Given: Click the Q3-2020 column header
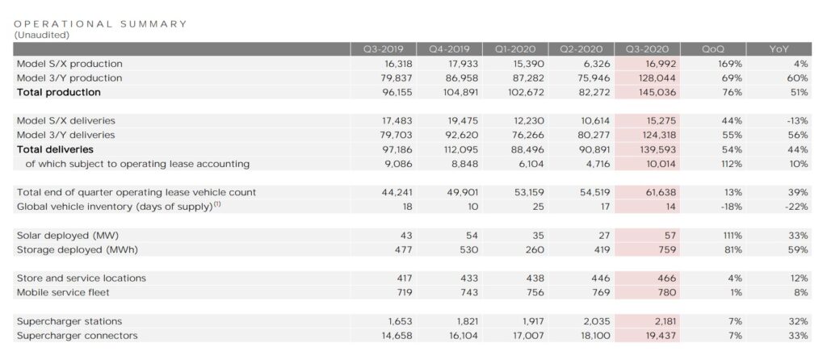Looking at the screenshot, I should pyautogui.click(x=647, y=48).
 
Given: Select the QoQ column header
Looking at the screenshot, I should pyautogui.click(x=713, y=48).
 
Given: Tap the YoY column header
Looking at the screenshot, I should pyautogui.click(x=779, y=48).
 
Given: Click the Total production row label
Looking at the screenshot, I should pyautogui.click(x=58, y=92).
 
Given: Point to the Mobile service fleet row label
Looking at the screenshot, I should pyautogui.click(x=63, y=292).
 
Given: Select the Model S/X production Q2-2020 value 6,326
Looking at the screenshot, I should pyautogui.click(x=591, y=63).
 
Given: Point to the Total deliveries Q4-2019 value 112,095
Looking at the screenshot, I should pyautogui.click(x=460, y=149).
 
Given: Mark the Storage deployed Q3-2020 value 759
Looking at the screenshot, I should pyautogui.click(x=667, y=249).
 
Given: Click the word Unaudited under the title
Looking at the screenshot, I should pyautogui.click(x=42, y=35).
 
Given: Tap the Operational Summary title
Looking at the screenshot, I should pyautogui.click(x=101, y=23).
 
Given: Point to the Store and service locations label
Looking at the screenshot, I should pyautogui.click(x=82, y=278).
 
